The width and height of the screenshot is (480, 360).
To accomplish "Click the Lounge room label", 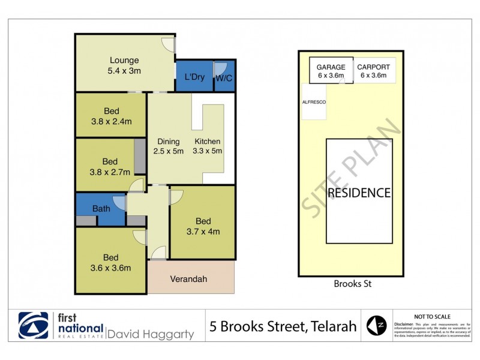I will pos(124,60).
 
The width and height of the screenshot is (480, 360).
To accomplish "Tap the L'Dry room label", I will pos(194,77).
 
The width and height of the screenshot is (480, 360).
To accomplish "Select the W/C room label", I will pos(224,77).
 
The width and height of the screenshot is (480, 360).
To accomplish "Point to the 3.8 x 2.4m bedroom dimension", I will pos(110,121).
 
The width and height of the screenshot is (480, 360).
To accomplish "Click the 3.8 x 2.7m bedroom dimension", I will pos(110,172).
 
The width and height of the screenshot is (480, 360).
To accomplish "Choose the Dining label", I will pos(169,142).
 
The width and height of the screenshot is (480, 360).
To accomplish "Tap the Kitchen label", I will pos(208,142).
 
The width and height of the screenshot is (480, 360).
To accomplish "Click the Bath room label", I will pos(101,209).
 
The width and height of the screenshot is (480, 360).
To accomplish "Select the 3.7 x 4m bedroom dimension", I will pos(203,230).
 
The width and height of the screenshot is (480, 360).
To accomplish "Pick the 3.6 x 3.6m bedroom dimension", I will pos(110,268).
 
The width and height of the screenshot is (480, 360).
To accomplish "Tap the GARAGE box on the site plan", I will pos(331,71).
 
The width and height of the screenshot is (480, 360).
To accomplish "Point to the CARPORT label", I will pos(374,67).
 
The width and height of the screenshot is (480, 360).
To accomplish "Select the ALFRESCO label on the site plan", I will pos(314,103).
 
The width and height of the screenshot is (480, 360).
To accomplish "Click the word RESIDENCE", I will pos(359,193).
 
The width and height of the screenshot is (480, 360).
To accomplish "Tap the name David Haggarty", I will pos(150,334).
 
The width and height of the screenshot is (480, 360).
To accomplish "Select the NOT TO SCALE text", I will pos(433,316).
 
